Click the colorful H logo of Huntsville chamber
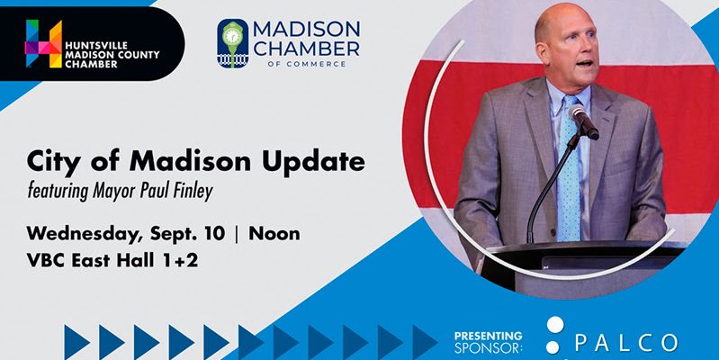pyautogui.click(x=43, y=43)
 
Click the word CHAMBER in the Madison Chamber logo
pyautogui.click(x=307, y=49)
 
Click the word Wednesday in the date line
pyautogui.click(x=85, y=234)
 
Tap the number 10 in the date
pyautogui.click(x=214, y=234)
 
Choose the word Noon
pyautogui.click(x=274, y=234)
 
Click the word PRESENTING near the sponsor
pyautogui.click(x=489, y=336)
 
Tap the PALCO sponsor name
pyautogui.click(x=626, y=343)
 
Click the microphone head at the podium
pyautogui.click(x=584, y=121)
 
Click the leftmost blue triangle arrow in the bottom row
pyautogui.click(x=76, y=342)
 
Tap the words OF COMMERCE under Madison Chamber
pyautogui.click(x=307, y=65)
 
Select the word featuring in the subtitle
pyautogui.click(x=58, y=190)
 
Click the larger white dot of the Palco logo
pyautogui.click(x=555, y=325)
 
